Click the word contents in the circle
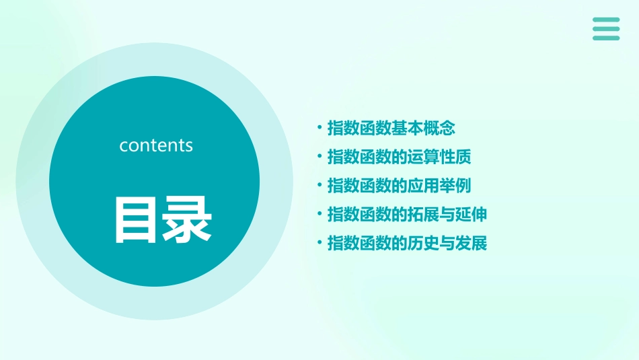156,145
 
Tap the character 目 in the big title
138,220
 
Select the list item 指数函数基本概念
391,128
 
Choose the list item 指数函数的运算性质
399,157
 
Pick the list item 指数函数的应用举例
399,186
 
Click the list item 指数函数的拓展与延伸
407,215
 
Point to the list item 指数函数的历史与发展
407,244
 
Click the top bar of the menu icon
606,20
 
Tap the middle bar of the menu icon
606,29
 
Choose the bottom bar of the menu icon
606,38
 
